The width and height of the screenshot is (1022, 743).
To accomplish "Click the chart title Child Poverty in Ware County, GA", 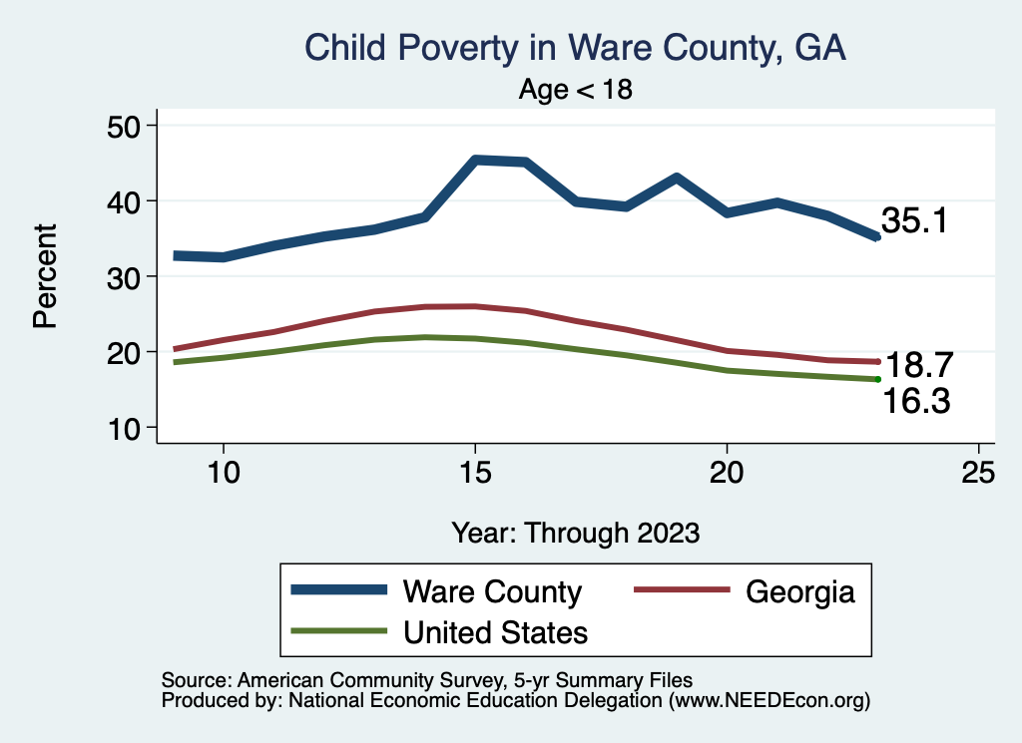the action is [576, 48].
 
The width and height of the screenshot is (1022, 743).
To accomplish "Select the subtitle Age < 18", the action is [576, 89].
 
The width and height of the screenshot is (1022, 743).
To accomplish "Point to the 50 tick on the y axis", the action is [123, 127].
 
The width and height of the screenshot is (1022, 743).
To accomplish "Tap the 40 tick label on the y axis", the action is [123, 201].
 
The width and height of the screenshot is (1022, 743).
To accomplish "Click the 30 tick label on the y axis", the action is [123, 277].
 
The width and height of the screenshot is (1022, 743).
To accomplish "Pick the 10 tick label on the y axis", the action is [123, 429].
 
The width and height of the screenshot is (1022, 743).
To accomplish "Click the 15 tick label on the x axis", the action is [475, 472].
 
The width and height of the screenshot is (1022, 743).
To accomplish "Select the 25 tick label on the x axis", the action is [978, 472].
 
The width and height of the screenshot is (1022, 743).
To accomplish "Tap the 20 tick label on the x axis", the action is [727, 472].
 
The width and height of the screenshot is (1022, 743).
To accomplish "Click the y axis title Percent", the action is [45, 276].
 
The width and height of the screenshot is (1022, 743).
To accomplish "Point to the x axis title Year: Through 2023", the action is [576, 533].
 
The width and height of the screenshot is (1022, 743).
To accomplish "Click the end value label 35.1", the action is [914, 220].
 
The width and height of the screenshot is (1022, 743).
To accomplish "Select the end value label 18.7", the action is [919, 365].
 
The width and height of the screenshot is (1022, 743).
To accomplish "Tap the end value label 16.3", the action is [916, 401].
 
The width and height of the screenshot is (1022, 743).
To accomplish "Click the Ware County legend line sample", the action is [339, 590].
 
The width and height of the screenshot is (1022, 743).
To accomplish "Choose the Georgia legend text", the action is [800, 592].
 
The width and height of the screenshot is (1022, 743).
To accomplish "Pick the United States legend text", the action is [495, 633].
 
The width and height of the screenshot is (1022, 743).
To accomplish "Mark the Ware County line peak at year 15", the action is [475, 160].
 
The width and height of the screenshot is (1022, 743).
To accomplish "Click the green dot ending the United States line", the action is [878, 379].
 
